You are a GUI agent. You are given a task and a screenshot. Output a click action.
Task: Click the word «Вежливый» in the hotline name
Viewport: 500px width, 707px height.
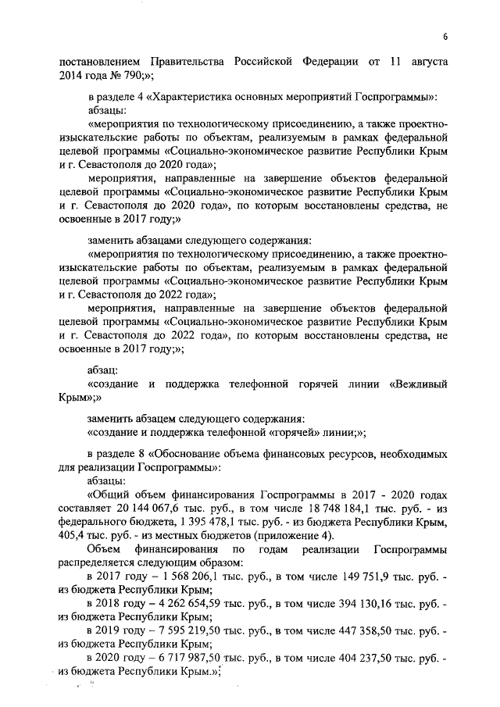420,385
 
